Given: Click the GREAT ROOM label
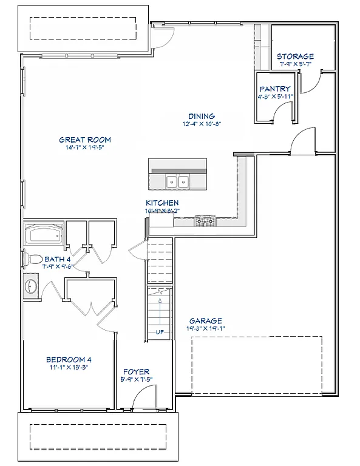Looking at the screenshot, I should point(84,140).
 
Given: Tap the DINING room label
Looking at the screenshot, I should point(202,116).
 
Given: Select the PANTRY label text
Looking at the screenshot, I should point(276,89).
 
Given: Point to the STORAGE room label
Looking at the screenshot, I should point(296,56).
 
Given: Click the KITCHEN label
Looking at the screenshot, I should point(162,203).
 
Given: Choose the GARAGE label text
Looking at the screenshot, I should point(206,321).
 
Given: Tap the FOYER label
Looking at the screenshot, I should point(136,372).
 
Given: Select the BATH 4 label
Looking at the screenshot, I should point(58,260).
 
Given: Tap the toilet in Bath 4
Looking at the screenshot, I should point(33,259).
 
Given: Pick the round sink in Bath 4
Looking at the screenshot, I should point(31,286).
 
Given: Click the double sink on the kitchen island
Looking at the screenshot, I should point(178,181).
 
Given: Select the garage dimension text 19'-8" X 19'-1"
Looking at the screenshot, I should point(206,329).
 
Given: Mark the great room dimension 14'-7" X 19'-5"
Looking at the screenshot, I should point(84,148).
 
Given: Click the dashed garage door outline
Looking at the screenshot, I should point(257,365).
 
